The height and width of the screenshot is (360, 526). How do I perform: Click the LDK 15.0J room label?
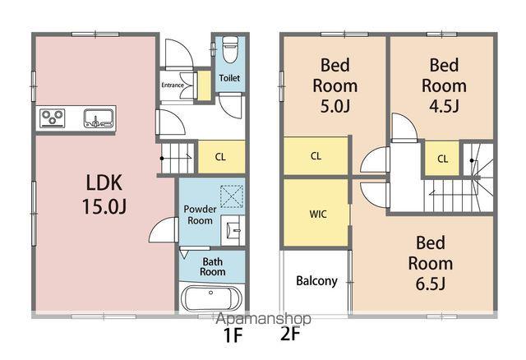click(104, 194)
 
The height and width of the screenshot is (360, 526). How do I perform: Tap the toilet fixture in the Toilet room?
click(230, 49)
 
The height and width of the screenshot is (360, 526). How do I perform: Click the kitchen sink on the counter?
click(98, 118)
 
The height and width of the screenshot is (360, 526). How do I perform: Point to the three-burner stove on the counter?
click(53, 118)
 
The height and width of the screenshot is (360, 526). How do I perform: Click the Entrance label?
click(173, 85)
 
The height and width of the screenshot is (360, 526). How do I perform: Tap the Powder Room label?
click(200, 215)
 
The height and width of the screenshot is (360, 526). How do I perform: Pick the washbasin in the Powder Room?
click(233, 230)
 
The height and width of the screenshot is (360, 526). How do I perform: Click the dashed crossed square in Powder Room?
click(232, 196)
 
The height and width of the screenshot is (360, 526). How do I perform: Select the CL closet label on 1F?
click(220, 157)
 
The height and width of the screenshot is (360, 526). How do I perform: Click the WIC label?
click(318, 214)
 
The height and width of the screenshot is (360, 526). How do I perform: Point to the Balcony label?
click(316, 281)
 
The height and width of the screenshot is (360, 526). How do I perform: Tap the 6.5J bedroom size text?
click(431, 284)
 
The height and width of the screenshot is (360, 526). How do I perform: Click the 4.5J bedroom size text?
click(444, 106)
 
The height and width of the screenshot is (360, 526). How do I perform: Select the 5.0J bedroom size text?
click(335, 106)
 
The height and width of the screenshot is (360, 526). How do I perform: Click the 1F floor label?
click(233, 335)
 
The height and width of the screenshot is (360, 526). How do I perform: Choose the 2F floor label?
click(290, 334)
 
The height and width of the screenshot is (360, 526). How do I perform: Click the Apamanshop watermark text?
click(263, 319)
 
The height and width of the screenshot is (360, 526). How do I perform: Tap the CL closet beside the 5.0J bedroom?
click(316, 156)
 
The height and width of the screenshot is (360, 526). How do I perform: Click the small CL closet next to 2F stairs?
click(442, 159)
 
